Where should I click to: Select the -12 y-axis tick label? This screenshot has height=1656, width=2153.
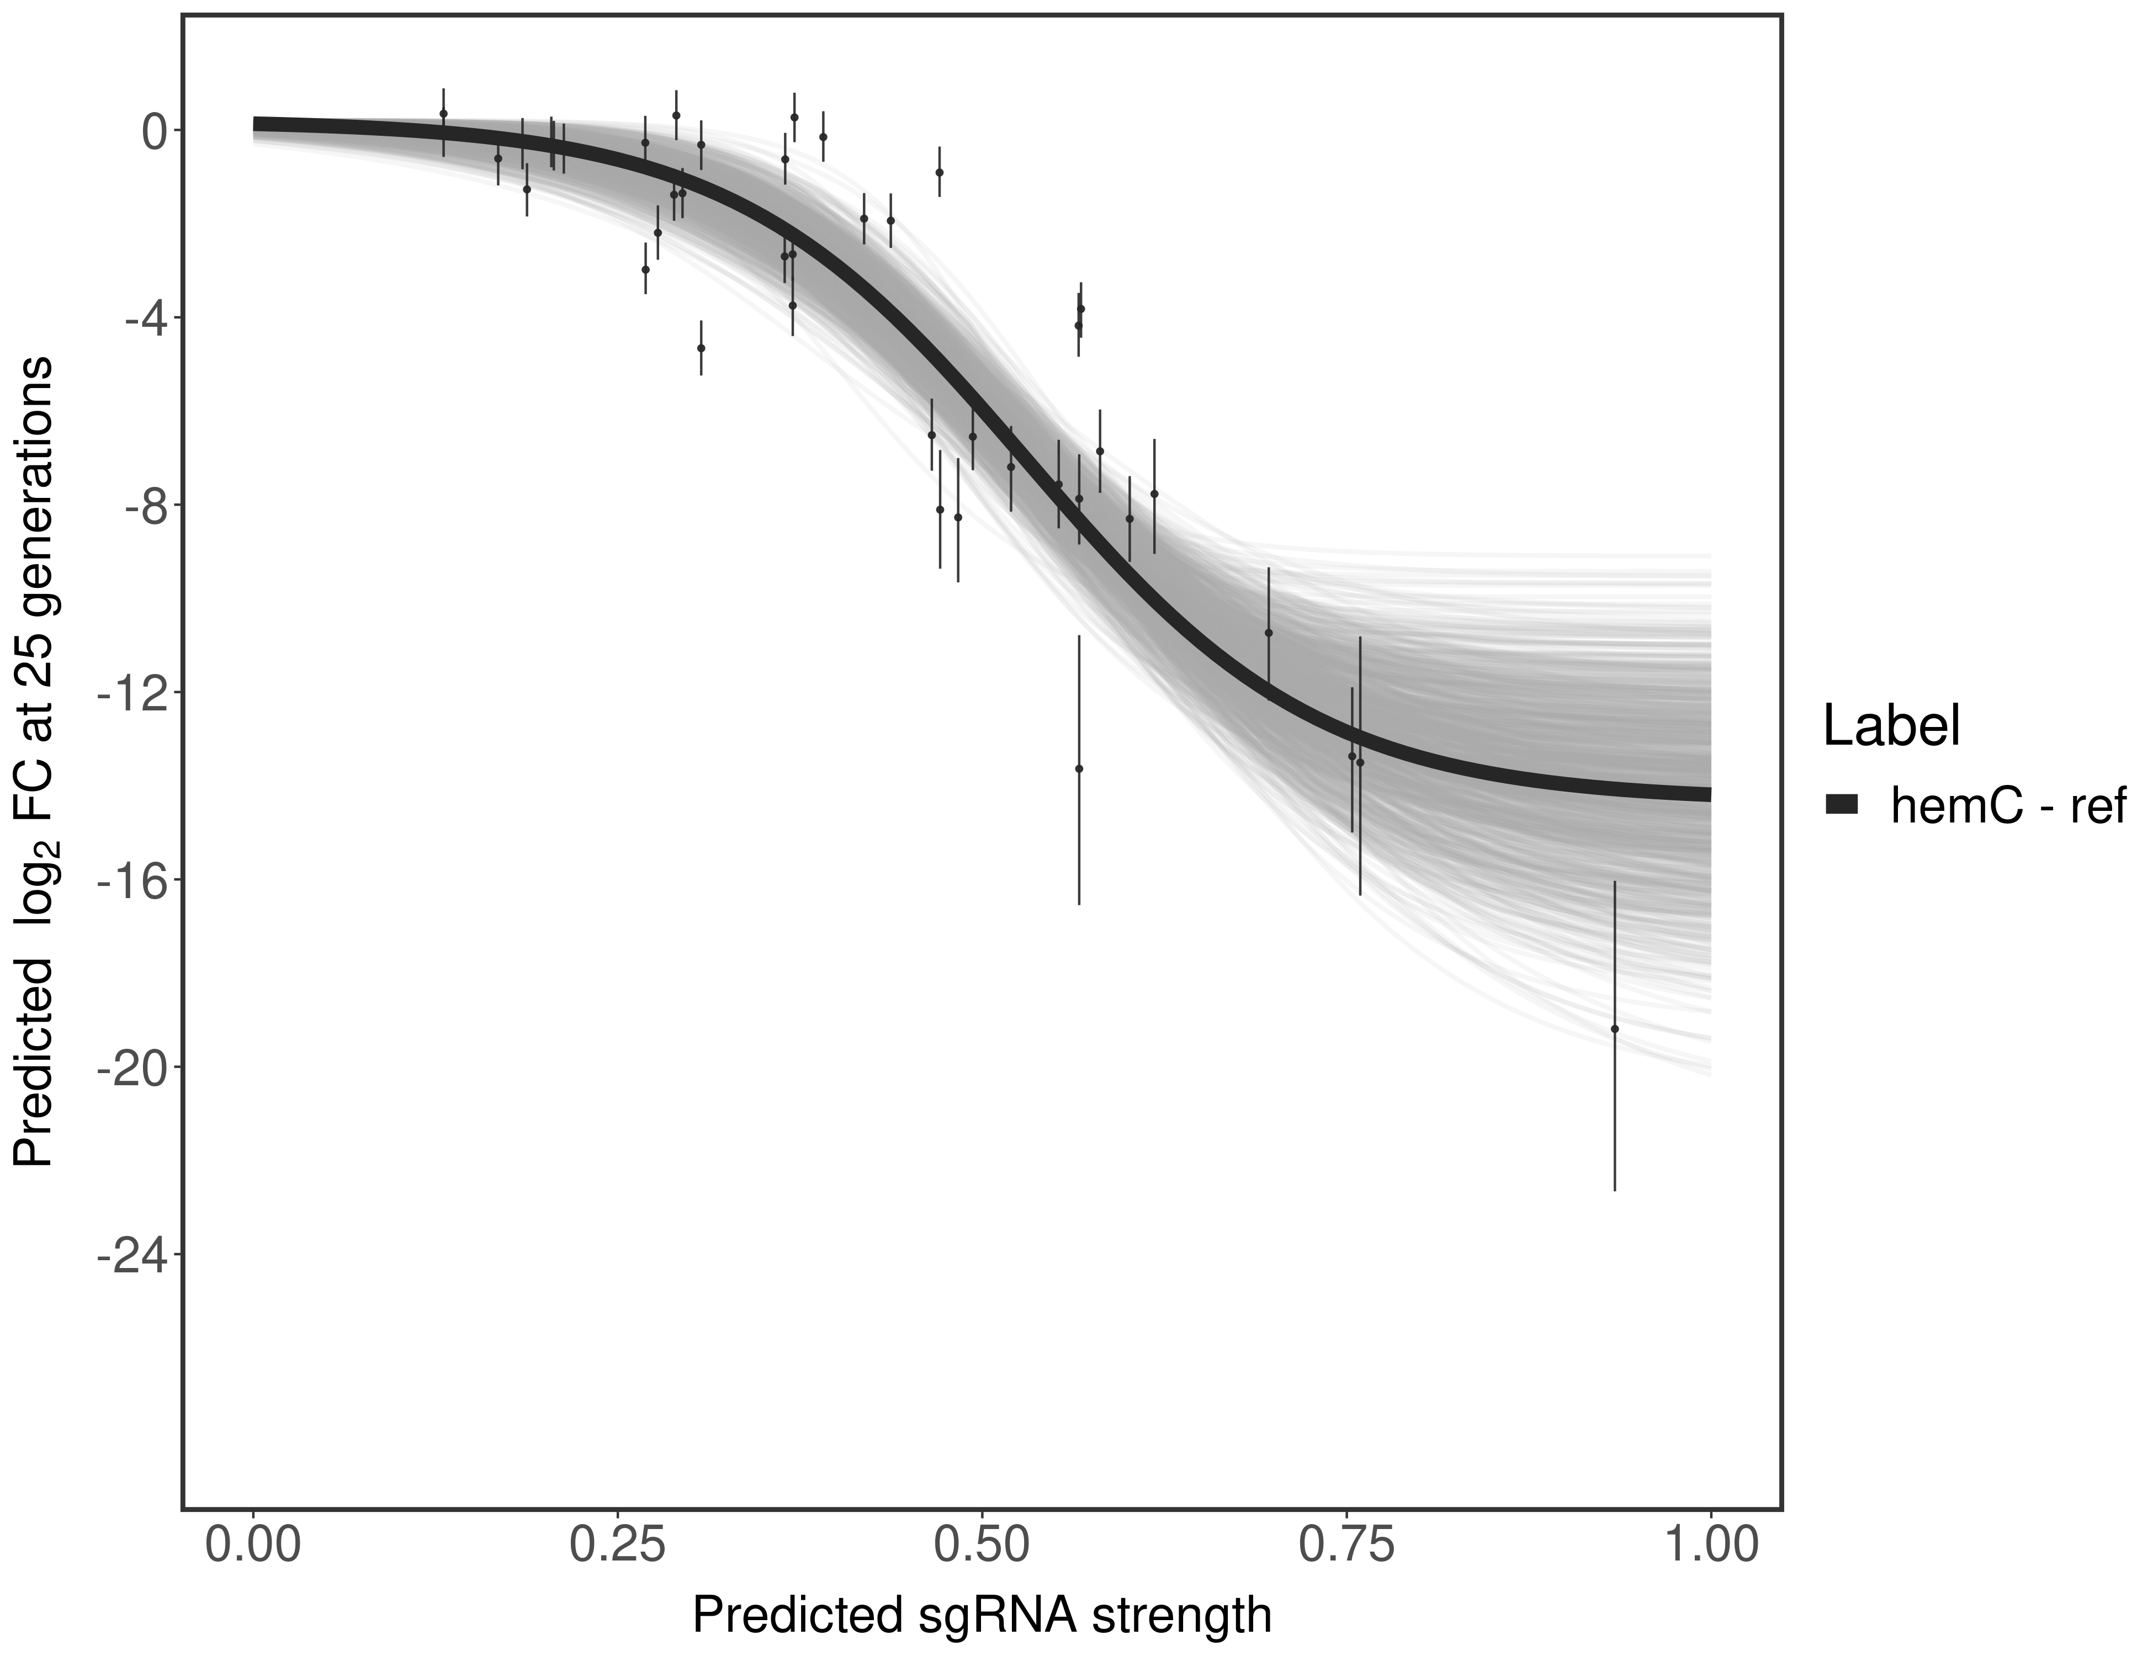[131, 693]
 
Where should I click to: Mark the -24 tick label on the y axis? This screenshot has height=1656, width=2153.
[131, 1254]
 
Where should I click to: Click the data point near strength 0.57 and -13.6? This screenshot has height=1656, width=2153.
[1079, 769]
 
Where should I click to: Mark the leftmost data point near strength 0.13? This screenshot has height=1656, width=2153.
[444, 114]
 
